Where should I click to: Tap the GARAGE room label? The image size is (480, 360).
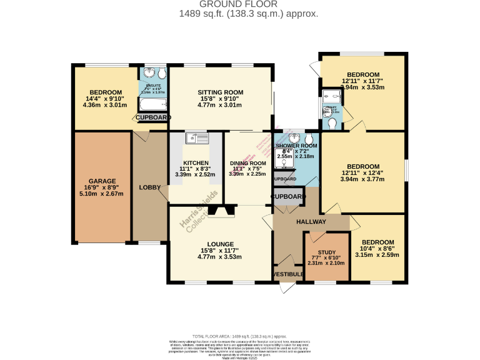coord(102,181)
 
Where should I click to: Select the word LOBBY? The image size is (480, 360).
coord(149,187)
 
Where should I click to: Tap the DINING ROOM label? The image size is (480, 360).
coord(248,164)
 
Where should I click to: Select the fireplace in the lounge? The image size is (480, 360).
coord(219,212)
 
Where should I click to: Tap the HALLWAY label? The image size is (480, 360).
coord(311,222)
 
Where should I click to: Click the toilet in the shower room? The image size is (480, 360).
coord(310,138)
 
